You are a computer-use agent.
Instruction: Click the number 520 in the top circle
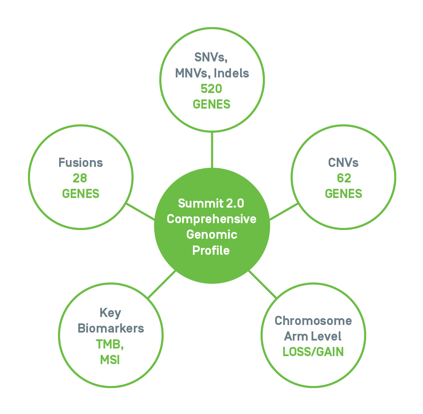pyautogui.click(x=212, y=89)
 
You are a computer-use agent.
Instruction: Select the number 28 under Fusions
pyautogui.click(x=80, y=178)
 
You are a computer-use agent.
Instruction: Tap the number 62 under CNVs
pyautogui.click(x=344, y=178)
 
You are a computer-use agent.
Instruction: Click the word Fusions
pyautogui.click(x=81, y=162)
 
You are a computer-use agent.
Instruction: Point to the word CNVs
pyautogui.click(x=343, y=163)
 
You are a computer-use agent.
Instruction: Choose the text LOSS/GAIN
pyautogui.click(x=313, y=352)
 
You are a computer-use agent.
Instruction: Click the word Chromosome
pyautogui.click(x=313, y=321)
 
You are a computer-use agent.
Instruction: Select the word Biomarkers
pyautogui.click(x=111, y=328)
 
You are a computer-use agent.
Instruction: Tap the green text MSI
pyautogui.click(x=110, y=360)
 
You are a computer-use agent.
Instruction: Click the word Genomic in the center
pyautogui.click(x=212, y=235)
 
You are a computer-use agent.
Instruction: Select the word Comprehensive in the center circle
pyautogui.click(x=212, y=219)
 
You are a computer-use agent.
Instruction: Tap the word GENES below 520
pyautogui.click(x=212, y=104)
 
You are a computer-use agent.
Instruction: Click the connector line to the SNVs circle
pyautogui.click(x=212, y=150)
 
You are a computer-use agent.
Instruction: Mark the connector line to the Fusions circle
pyautogui.click(x=140, y=212)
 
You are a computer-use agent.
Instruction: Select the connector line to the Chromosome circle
pyautogui.click(x=262, y=284)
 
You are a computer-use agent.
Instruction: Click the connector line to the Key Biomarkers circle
pyautogui.click(x=161, y=284)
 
